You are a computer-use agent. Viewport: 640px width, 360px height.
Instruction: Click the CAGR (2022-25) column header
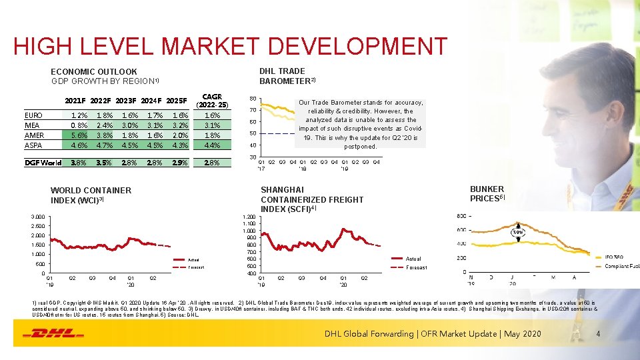(211, 101)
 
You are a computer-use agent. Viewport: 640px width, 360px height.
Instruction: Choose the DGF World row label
(43, 163)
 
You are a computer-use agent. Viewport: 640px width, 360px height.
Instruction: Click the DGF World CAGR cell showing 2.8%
(212, 163)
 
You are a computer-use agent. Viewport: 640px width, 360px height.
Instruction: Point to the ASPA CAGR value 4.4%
(212, 145)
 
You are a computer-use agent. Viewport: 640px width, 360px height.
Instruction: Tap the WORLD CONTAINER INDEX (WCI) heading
(91, 195)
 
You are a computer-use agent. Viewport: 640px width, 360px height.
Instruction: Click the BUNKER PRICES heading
(487, 193)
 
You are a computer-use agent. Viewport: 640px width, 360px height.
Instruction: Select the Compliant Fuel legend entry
(621, 267)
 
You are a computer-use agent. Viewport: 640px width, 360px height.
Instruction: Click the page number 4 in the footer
(598, 333)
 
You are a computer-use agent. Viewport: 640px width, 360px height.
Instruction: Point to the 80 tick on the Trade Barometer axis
(253, 97)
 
